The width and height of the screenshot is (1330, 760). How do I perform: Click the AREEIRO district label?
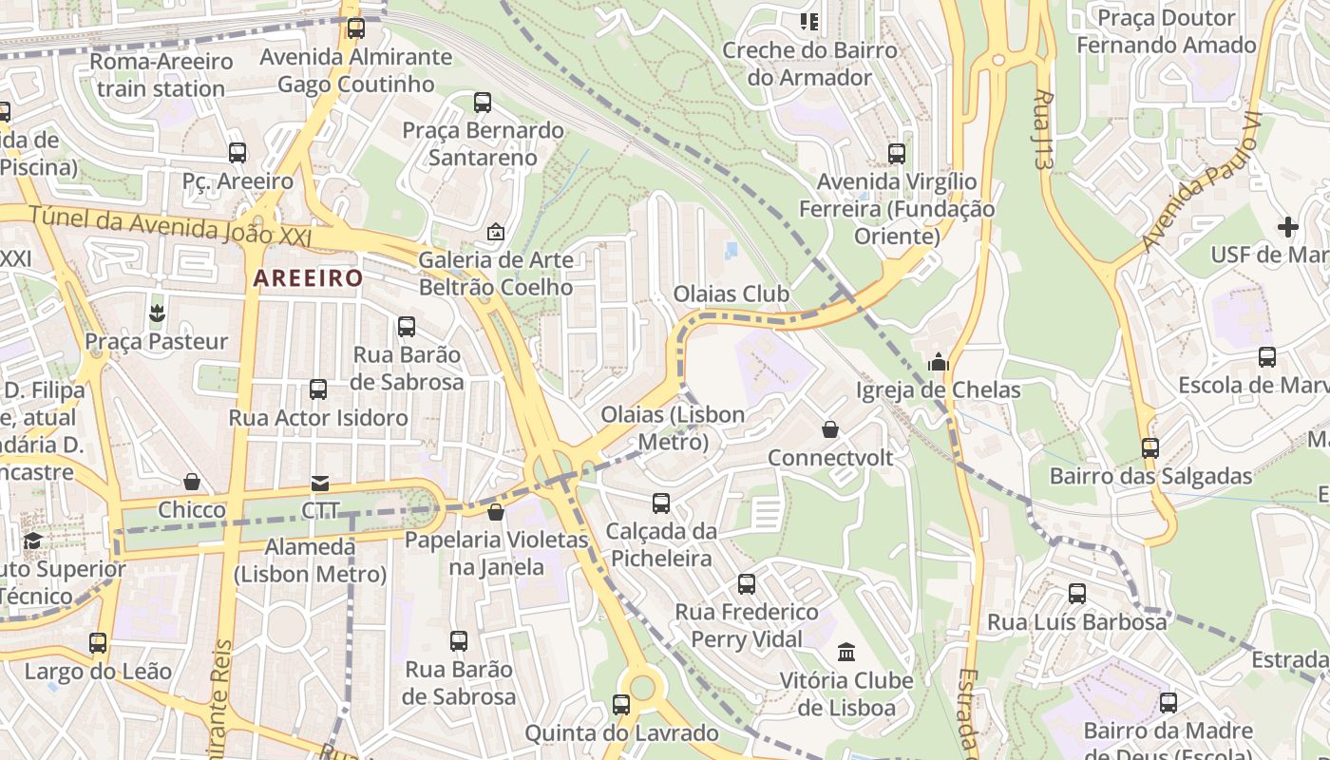(x=308, y=278)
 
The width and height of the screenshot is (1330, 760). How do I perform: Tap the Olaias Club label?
(x=731, y=294)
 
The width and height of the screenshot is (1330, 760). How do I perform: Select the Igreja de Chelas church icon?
(x=939, y=362)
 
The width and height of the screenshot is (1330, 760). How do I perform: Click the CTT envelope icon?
(x=320, y=484)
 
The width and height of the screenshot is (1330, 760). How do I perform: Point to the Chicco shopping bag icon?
(x=192, y=483)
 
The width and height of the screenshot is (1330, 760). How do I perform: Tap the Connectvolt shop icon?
(x=830, y=430)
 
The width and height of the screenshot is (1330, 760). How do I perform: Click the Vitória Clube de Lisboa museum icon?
(x=846, y=653)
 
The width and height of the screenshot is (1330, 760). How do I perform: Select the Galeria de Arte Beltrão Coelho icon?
(x=495, y=232)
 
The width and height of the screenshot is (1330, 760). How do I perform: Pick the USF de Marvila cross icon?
(x=1288, y=227)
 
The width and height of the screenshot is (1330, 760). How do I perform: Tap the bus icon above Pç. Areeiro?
(x=237, y=152)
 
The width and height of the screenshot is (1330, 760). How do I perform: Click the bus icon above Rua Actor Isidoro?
(x=318, y=389)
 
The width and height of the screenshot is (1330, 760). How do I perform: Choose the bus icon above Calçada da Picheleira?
(x=661, y=503)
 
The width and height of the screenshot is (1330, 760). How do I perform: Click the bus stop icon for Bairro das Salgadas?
(x=1150, y=447)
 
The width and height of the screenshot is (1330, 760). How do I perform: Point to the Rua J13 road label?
(x=1044, y=129)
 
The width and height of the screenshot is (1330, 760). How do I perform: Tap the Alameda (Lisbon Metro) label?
(x=310, y=560)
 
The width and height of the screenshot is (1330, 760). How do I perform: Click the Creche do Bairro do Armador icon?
(x=809, y=21)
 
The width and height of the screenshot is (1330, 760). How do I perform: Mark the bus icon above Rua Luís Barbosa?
(x=1077, y=594)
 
